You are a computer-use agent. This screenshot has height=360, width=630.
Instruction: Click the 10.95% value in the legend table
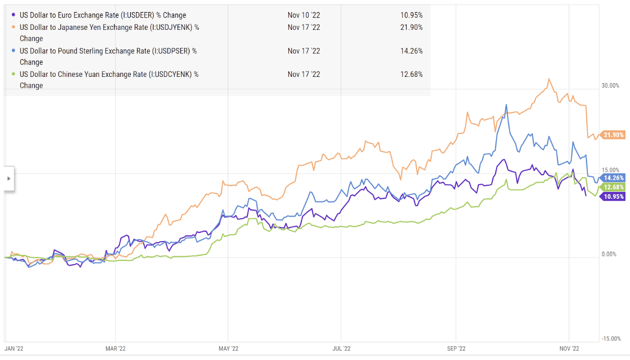[x=411, y=15]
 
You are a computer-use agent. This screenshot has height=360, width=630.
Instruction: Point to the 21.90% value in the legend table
[x=411, y=27]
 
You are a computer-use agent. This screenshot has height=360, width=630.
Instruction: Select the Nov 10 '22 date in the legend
[x=303, y=15]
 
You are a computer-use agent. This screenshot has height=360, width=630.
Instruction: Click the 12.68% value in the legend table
[x=411, y=74]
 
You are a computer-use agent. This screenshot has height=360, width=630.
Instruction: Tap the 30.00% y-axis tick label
[x=610, y=86]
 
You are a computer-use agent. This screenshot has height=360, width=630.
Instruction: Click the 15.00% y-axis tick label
[x=610, y=170]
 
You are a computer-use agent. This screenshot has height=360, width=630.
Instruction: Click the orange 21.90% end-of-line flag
[x=613, y=135]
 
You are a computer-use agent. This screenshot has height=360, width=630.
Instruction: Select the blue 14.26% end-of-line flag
[x=613, y=178]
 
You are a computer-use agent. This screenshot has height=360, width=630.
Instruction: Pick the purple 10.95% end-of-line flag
[x=613, y=197]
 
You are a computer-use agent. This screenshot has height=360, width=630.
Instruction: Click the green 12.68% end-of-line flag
[x=613, y=187]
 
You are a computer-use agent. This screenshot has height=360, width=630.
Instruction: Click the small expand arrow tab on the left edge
[x=8, y=178]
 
